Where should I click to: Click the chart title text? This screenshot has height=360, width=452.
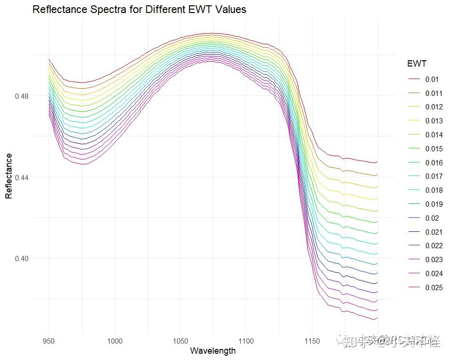click(139, 9)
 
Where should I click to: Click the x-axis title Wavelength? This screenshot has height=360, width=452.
click(213, 350)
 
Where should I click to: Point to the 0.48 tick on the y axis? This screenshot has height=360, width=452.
click(22, 96)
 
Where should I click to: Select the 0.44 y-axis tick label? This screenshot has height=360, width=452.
click(22, 177)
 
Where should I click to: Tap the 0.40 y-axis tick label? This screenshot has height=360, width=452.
click(22, 258)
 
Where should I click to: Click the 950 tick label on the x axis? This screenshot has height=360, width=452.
click(49, 341)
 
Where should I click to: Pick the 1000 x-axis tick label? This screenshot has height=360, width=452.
click(115, 341)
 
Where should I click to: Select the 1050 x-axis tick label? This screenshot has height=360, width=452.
click(180, 341)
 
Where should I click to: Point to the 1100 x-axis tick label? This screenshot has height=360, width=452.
click(246, 341)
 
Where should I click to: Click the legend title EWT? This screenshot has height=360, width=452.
click(416, 64)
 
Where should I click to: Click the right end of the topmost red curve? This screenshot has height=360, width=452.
click(377, 162)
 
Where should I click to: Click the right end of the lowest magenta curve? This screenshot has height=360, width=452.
click(377, 319)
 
